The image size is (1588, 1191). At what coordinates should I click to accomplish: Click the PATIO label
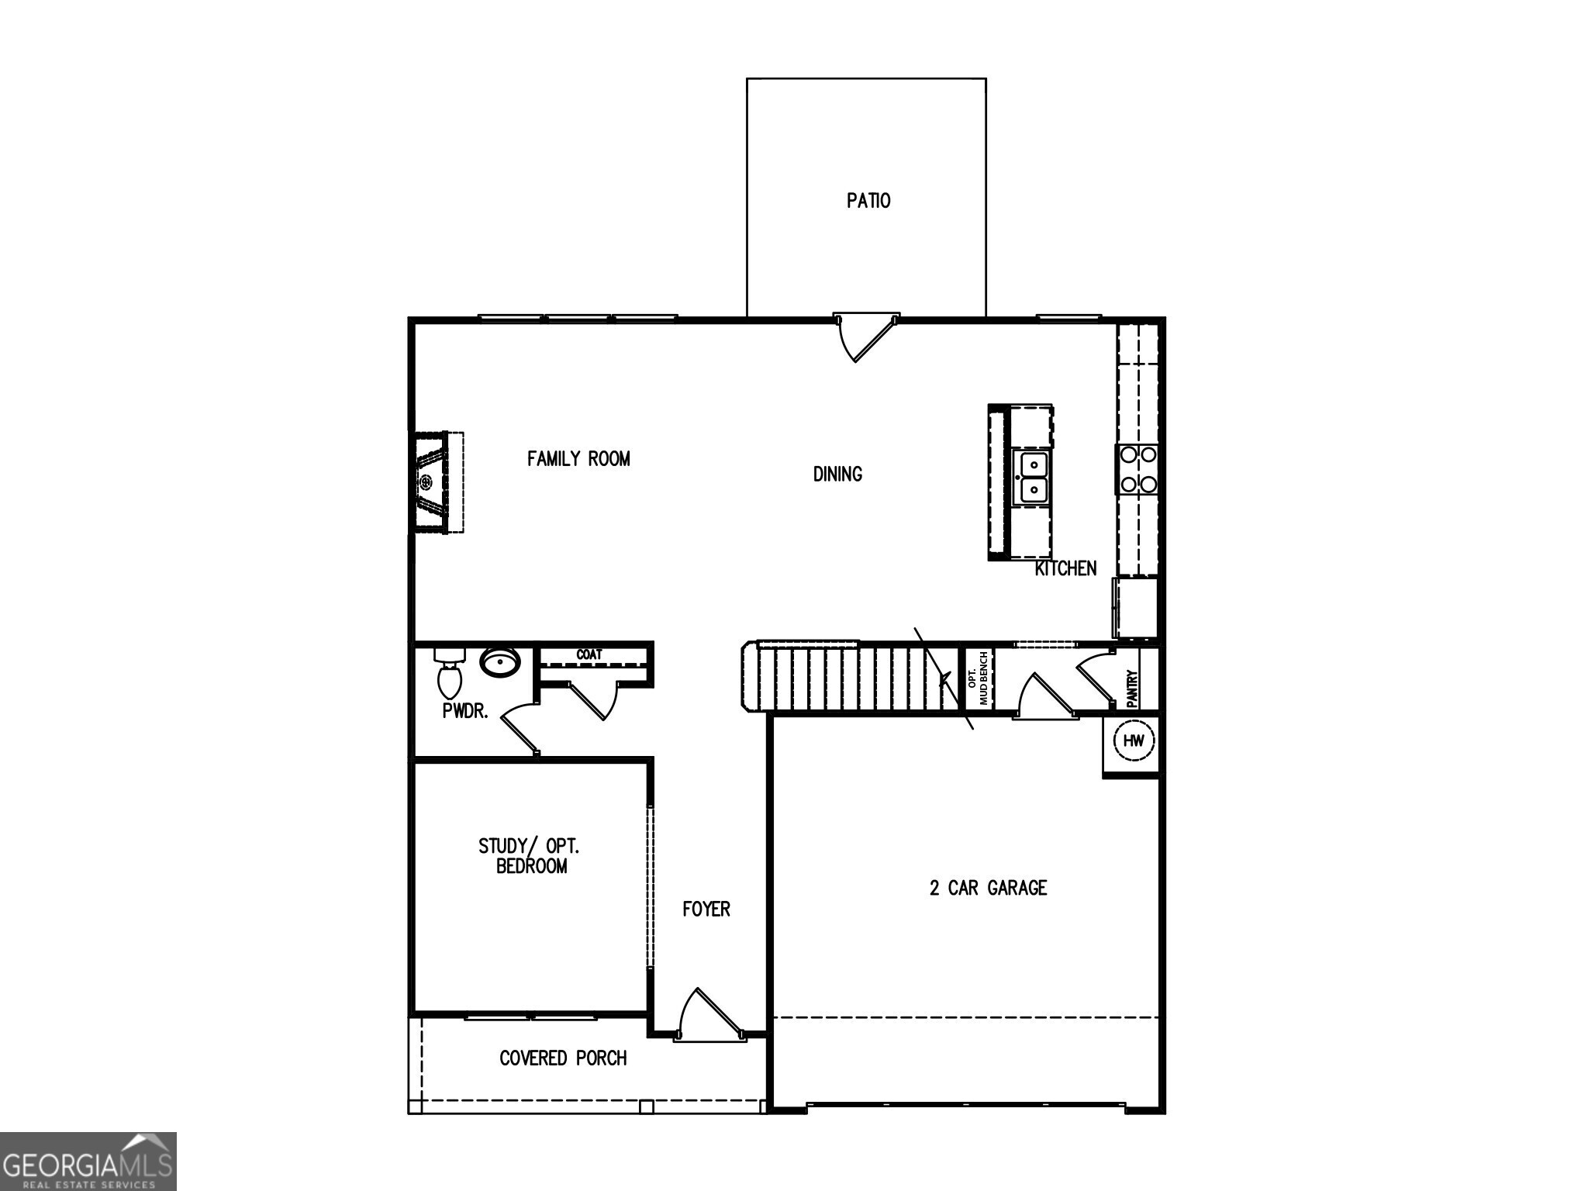[x=868, y=201]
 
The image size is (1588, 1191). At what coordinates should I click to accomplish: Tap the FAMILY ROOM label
[x=578, y=459]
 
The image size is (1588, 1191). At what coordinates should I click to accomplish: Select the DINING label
[x=837, y=474]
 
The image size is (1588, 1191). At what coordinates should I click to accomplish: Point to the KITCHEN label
[x=1065, y=568]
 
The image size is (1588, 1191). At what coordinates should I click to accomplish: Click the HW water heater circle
[x=1134, y=740]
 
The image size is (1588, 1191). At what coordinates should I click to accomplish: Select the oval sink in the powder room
[x=500, y=662]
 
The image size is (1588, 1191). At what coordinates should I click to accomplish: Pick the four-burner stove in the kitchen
[x=1137, y=469]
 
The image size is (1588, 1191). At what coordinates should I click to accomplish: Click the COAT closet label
[x=589, y=654]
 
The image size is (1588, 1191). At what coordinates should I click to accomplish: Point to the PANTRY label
[x=1131, y=688]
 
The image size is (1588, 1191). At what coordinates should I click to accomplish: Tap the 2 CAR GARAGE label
[x=988, y=888]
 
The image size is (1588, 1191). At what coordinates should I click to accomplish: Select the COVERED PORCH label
[x=563, y=1058]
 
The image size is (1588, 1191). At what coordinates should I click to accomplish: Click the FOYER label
[x=706, y=909]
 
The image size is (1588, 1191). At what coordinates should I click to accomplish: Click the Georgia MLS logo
[x=88, y=1162]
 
